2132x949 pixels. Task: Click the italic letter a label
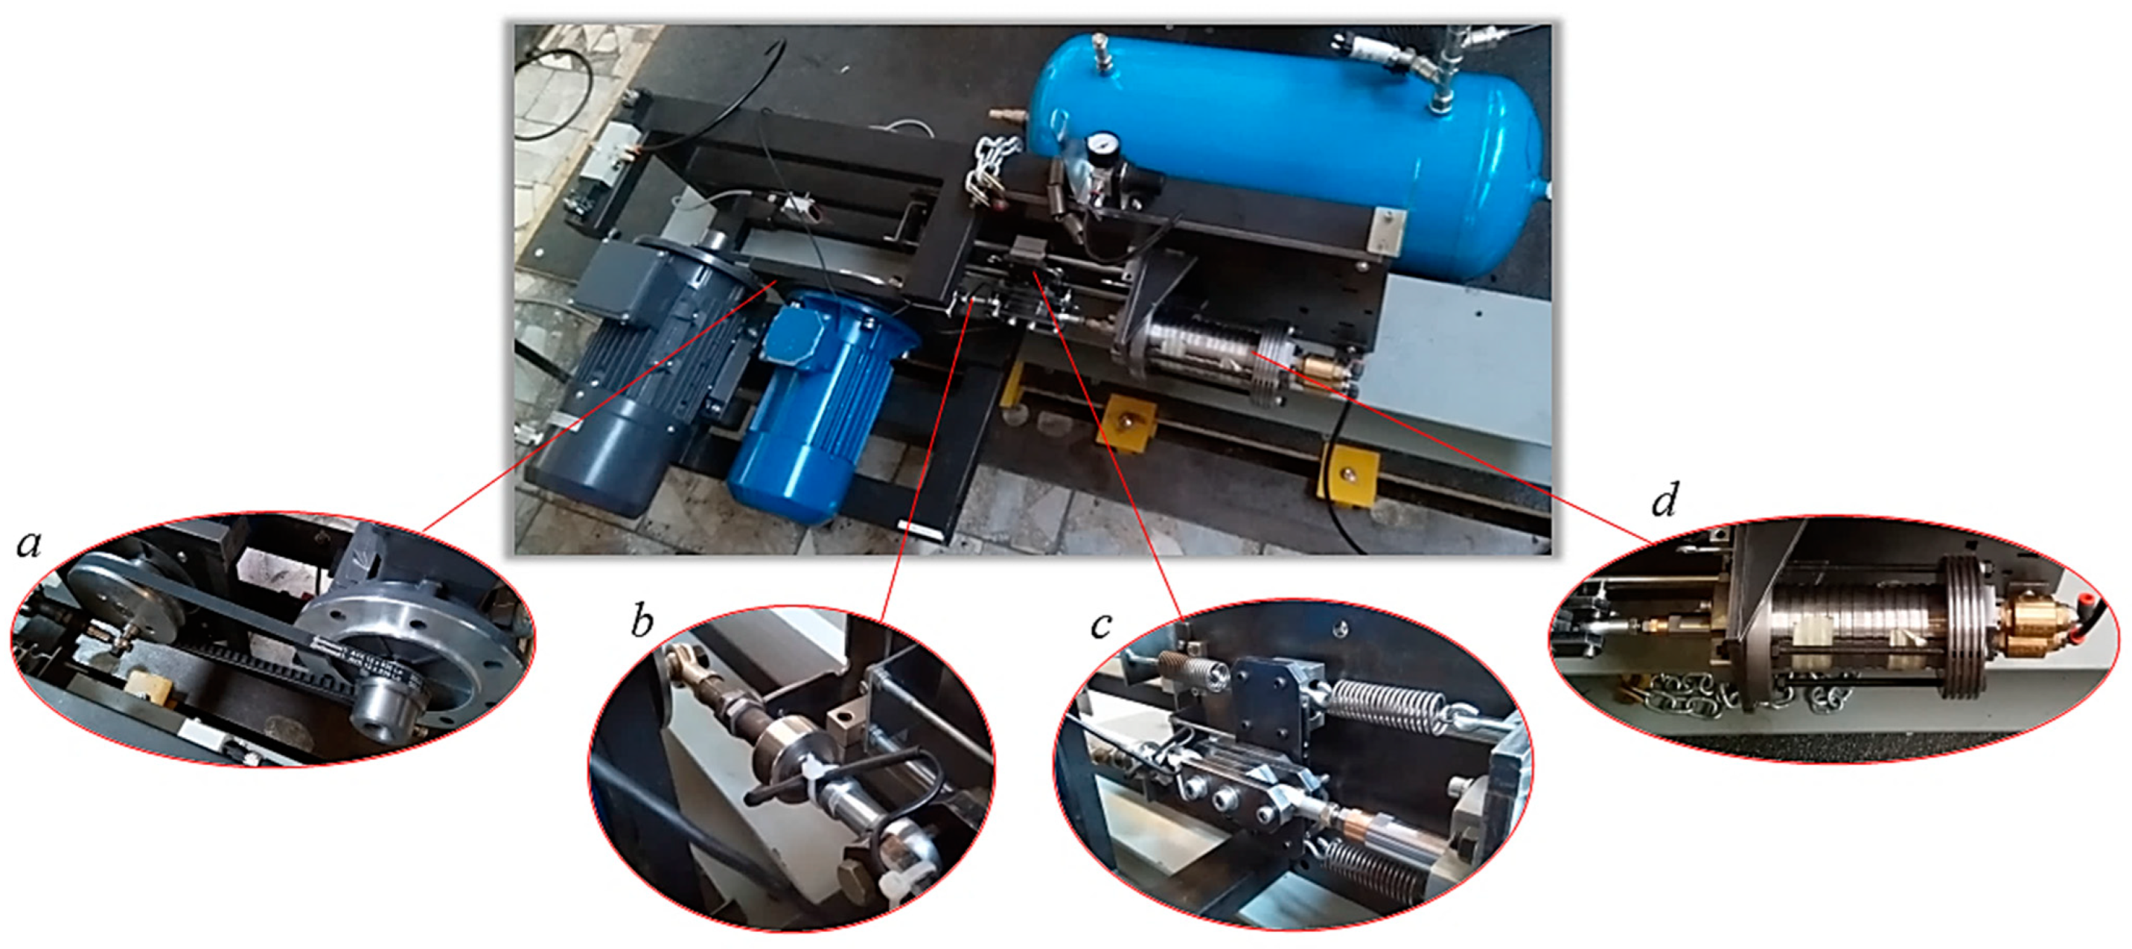coord(30,544)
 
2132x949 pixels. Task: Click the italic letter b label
coord(642,621)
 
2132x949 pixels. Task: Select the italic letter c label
coord(1100,626)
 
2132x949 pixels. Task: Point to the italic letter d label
coord(1665,499)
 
